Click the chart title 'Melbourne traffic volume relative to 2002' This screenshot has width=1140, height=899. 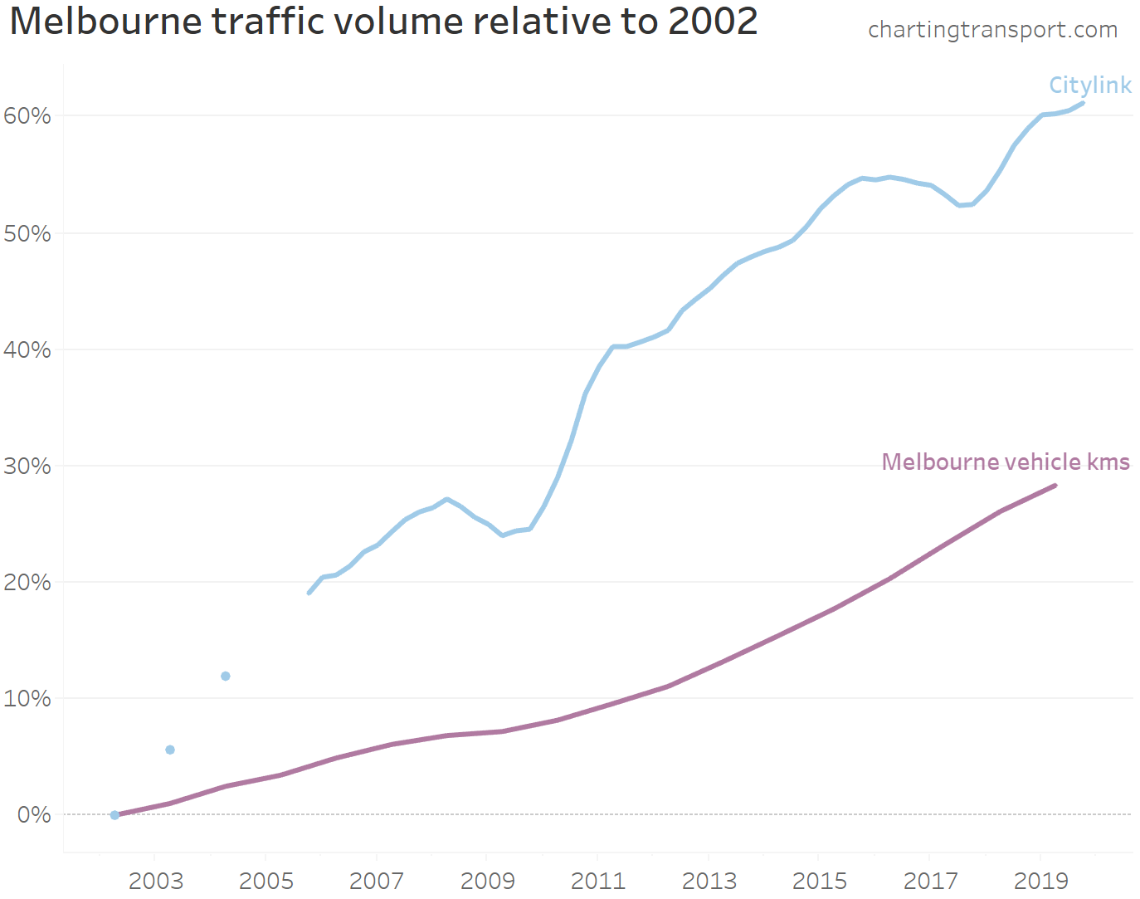point(383,22)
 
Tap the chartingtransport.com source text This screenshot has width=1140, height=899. point(992,30)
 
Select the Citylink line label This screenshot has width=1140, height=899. point(1089,86)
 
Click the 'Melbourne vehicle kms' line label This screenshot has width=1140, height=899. point(1005,462)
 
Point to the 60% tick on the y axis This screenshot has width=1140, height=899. point(27,116)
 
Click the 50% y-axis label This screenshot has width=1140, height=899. point(27,233)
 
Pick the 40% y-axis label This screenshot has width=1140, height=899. point(27,349)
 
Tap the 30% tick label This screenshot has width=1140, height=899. point(27,466)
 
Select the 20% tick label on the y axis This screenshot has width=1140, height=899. point(27,582)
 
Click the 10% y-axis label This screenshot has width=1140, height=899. point(27,698)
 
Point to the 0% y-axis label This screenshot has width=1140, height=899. point(34,814)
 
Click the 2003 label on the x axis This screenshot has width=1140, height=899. point(155,881)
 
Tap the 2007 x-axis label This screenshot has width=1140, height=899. point(377,881)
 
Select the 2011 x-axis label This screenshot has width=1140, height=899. point(597,881)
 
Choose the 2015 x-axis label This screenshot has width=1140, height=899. point(819,881)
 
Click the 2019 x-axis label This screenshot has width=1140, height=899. point(1040,881)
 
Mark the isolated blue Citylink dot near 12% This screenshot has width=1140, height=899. point(226,677)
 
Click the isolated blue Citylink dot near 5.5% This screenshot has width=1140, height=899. point(170,750)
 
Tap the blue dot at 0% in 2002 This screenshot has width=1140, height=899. point(114,815)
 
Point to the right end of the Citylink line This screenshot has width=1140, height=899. point(1082,103)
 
